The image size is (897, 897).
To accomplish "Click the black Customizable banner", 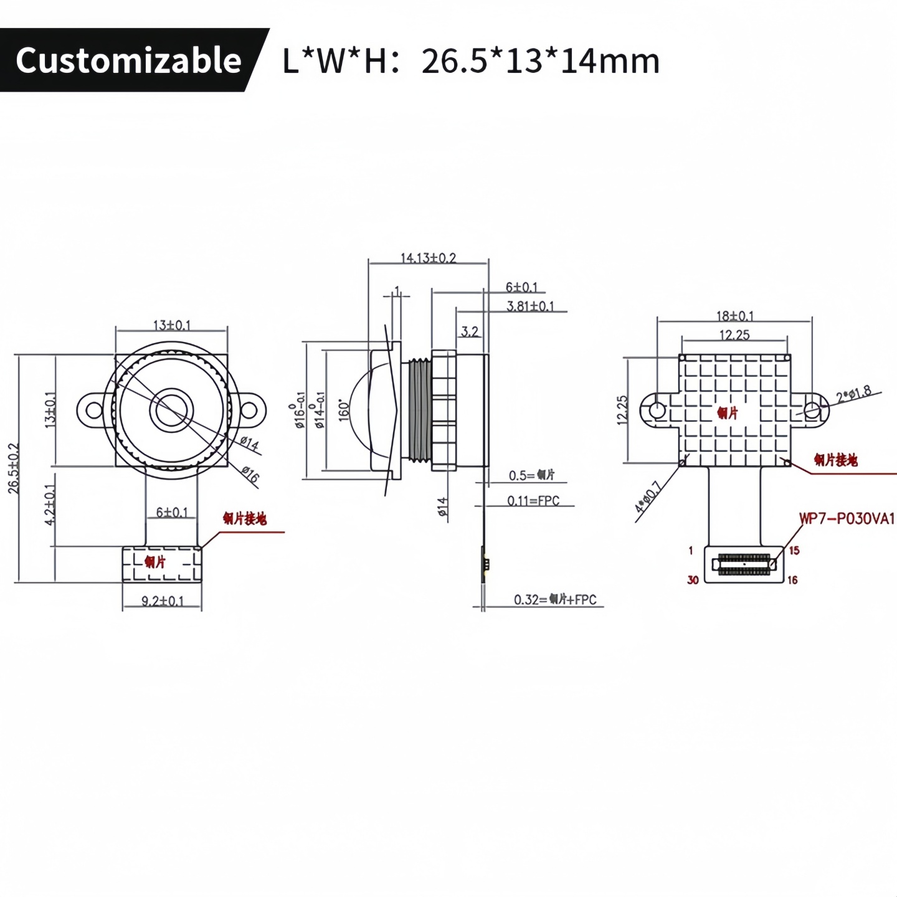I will pyautogui.click(x=128, y=60).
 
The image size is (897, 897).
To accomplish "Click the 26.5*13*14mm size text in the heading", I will pyautogui.click(x=540, y=61).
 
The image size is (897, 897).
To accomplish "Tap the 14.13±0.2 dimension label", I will pyautogui.click(x=428, y=258).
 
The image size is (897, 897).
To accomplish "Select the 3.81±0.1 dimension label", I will pyautogui.click(x=529, y=306).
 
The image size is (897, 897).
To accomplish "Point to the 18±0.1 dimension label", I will pyautogui.click(x=734, y=316).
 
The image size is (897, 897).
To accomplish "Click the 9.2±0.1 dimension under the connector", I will pyautogui.click(x=162, y=601).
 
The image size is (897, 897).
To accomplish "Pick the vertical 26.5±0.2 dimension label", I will pyautogui.click(x=14, y=468).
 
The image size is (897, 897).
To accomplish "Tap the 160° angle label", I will pyautogui.click(x=344, y=411).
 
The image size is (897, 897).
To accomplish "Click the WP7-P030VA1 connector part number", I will pyautogui.click(x=847, y=518).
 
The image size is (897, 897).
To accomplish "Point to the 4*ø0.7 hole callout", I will pyautogui.click(x=648, y=497).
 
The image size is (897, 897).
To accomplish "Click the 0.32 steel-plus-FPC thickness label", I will pyautogui.click(x=554, y=599).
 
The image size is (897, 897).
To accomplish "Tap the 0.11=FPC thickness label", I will pyautogui.click(x=533, y=501).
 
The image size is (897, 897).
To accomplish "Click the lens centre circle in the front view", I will pyautogui.click(x=171, y=410).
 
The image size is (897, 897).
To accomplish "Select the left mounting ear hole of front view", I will pyautogui.click(x=93, y=410).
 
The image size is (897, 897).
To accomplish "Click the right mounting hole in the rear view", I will pyautogui.click(x=812, y=410).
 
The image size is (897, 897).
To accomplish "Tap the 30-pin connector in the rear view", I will pyautogui.click(x=744, y=564).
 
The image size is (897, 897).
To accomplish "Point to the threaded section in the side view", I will pyautogui.click(x=420, y=411).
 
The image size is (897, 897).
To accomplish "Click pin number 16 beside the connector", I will pyautogui.click(x=792, y=580).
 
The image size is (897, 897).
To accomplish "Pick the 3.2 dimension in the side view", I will pyautogui.click(x=470, y=331).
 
